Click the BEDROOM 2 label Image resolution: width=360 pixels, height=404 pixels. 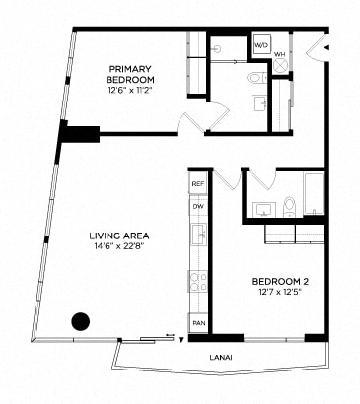(272, 279)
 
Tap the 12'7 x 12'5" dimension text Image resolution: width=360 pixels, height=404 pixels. (272, 292)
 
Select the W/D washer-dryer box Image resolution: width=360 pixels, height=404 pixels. (262, 46)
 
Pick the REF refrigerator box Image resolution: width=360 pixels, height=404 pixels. (198, 184)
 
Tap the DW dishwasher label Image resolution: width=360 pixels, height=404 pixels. (198, 207)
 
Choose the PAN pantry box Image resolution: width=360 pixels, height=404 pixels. (198, 323)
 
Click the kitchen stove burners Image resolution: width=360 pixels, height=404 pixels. (198, 280)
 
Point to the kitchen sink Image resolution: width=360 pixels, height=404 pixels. (198, 234)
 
